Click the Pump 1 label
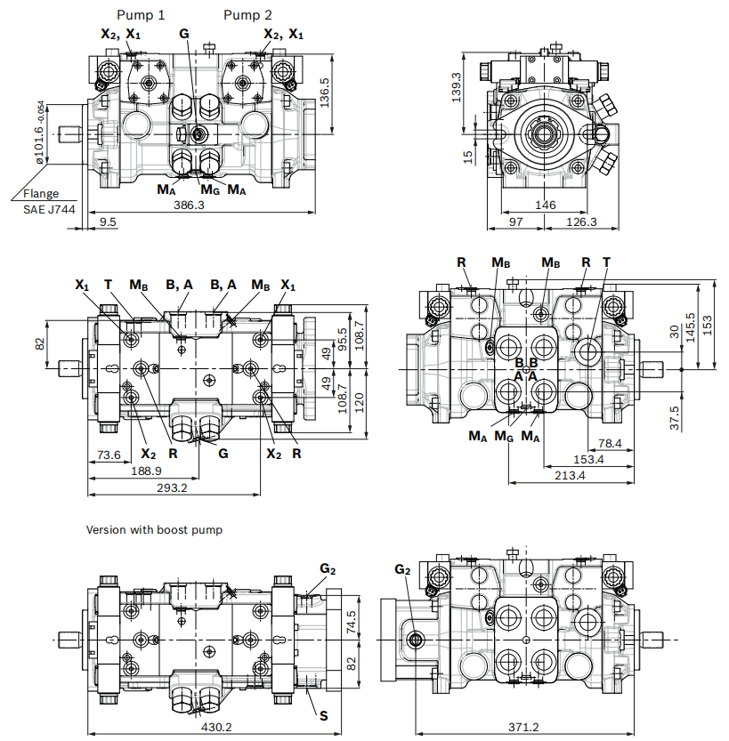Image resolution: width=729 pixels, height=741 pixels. (x=141, y=14)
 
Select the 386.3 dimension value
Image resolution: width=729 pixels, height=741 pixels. (x=189, y=205)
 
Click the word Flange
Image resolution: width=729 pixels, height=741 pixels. (x=41, y=193)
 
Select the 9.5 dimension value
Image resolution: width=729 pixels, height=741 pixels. (x=109, y=221)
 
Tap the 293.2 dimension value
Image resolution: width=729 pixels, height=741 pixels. (x=172, y=487)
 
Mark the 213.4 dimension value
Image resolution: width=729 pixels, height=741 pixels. (x=570, y=475)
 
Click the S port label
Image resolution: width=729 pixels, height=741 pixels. (x=324, y=714)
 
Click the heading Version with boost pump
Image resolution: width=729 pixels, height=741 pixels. (x=154, y=529)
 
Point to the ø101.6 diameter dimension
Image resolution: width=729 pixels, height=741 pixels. (x=40, y=133)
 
